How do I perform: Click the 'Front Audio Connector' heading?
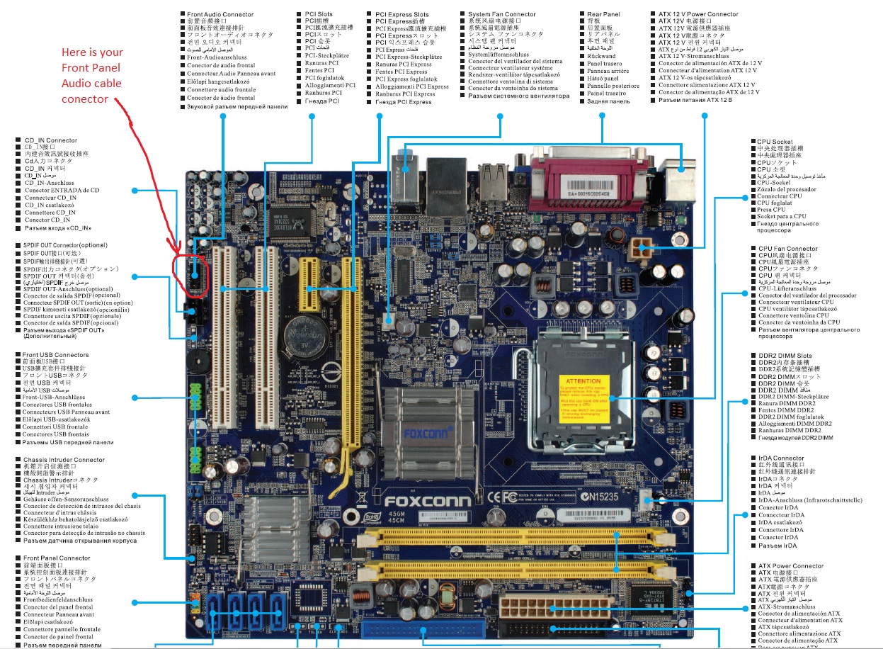220,14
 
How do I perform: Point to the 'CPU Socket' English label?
775,142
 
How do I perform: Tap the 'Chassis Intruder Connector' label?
64,460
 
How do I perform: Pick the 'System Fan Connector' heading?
502,14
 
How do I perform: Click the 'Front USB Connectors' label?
56,355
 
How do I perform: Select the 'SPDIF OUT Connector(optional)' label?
65,245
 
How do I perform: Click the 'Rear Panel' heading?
603,14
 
